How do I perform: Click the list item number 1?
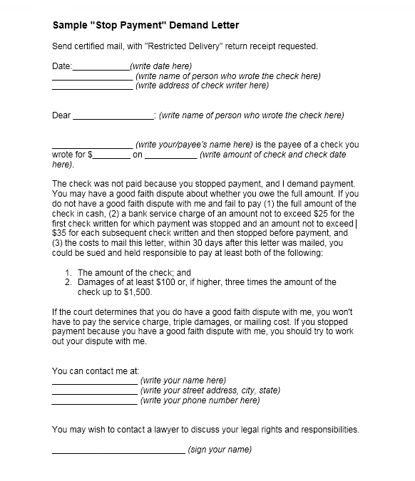(x=68, y=272)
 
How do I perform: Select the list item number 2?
(x=68, y=282)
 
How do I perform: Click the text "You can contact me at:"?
(x=96, y=371)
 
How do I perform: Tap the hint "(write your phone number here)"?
(x=200, y=400)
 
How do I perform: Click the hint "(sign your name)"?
(x=220, y=450)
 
